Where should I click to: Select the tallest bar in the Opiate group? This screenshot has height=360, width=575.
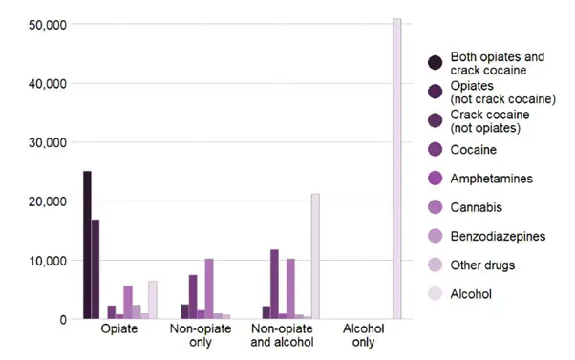[x=87, y=244]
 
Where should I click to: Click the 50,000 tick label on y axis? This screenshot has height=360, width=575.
[x=43, y=24]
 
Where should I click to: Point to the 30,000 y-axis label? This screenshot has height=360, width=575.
[x=43, y=142]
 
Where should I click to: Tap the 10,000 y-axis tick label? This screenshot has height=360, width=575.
[x=43, y=261]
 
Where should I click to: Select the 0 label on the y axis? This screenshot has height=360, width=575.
[x=61, y=320]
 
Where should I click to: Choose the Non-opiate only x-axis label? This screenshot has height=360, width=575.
[x=202, y=336]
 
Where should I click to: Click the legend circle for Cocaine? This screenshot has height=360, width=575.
[x=436, y=149]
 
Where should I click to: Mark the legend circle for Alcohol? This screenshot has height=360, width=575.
[x=436, y=294]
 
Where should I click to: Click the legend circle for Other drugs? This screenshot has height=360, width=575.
[x=436, y=265]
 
